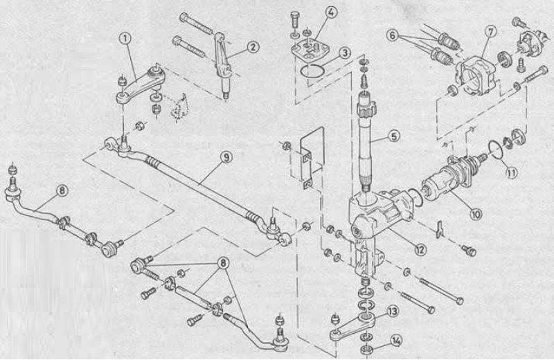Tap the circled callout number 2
[x=253, y=46]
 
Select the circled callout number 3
[x=344, y=53]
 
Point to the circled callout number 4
[x=330, y=12]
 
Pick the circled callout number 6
[x=393, y=35]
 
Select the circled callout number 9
[x=226, y=157]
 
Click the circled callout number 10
[x=476, y=214]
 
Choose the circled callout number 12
[x=420, y=249]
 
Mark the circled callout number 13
[x=393, y=312]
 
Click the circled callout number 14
[x=396, y=341]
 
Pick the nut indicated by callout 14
[x=366, y=350]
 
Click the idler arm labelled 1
[x=138, y=85]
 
